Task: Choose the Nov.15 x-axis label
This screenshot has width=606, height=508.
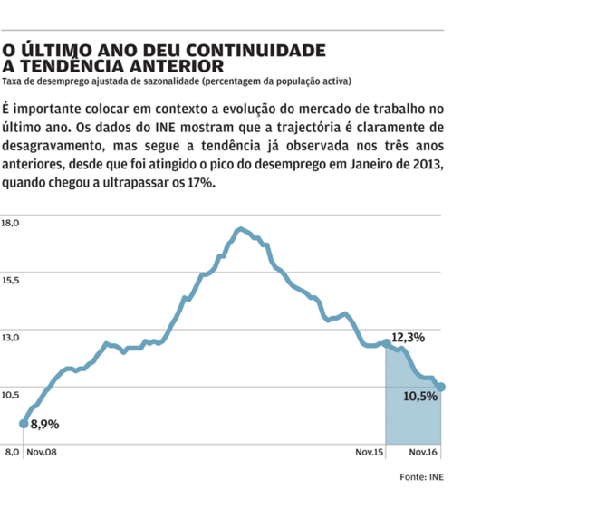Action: click(370, 451)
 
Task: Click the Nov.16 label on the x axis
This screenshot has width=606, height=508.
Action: click(424, 451)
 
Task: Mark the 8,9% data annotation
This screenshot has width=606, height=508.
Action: click(44, 424)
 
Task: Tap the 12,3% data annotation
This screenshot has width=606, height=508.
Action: click(408, 337)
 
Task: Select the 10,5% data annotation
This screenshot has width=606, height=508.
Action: click(418, 395)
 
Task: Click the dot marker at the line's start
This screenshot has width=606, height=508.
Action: click(24, 423)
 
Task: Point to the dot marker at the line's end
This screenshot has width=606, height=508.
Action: click(441, 387)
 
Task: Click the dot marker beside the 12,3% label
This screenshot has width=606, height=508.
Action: click(387, 343)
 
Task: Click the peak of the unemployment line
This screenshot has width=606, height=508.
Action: click(240, 230)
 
